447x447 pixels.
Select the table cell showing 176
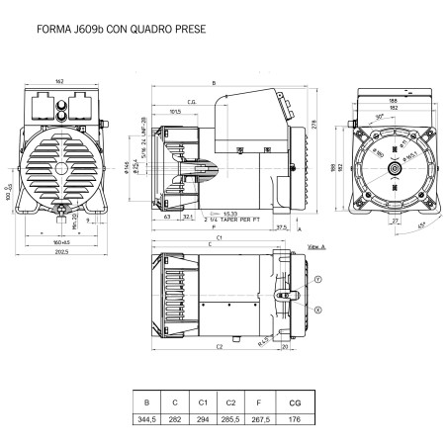(294, 419)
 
